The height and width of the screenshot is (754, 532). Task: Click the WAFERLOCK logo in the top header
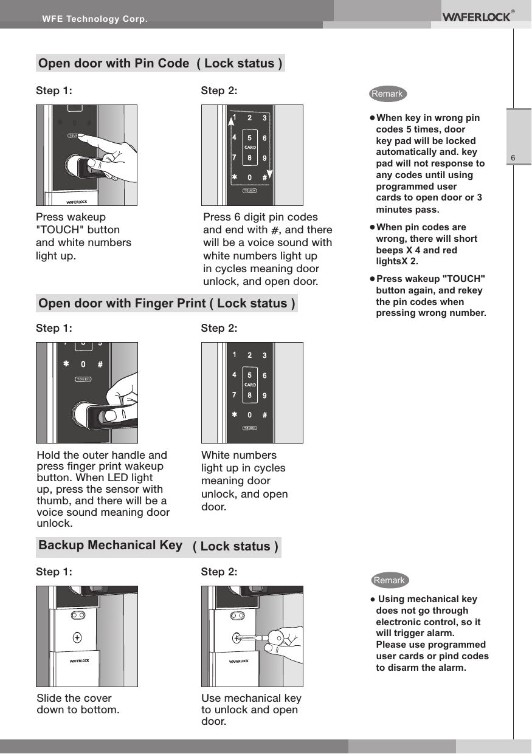[476, 16]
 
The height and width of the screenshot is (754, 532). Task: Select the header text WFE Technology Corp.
[94, 19]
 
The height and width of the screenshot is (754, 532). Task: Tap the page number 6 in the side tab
[513, 159]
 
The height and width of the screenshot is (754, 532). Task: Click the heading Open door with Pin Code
[114, 64]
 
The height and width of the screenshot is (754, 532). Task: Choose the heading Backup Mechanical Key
[110, 545]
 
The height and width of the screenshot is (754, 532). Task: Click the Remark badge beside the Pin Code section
[387, 94]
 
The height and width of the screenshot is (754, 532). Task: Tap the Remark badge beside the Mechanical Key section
[389, 580]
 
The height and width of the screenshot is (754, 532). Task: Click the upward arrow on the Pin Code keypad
[230, 122]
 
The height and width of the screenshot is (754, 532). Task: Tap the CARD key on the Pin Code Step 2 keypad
[249, 148]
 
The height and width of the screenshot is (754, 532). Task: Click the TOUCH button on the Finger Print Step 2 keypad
[249, 428]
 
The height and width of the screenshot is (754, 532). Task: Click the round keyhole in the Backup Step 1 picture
[77, 637]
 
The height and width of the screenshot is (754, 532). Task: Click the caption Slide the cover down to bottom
[78, 704]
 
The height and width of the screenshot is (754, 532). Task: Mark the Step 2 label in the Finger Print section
[219, 328]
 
